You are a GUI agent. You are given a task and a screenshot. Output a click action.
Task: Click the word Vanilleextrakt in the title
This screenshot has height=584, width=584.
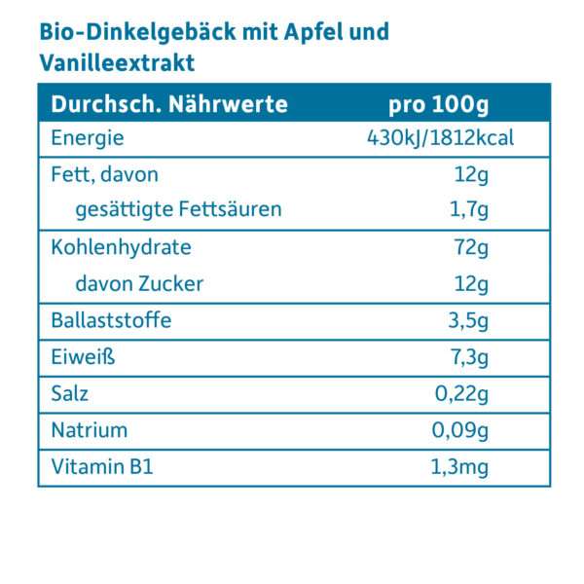pos(118,63)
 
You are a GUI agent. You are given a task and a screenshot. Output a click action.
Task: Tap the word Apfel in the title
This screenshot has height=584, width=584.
pos(314,32)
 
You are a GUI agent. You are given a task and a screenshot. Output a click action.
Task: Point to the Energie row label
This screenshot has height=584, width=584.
pos(88,139)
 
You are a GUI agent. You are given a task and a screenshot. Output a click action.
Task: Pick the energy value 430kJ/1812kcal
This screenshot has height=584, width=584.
pos(440,139)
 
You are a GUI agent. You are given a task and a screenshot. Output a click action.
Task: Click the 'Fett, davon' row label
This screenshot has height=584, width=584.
pos(104,175)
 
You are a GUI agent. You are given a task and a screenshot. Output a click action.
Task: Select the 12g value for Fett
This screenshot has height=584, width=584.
pos(470,175)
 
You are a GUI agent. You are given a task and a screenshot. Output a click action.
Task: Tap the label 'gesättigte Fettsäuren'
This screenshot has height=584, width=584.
pos(178,209)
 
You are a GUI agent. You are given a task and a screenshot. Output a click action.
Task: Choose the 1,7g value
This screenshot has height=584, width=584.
pos(468,209)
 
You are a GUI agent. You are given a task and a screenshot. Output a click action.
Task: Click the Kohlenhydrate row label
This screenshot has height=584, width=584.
pos(121,248)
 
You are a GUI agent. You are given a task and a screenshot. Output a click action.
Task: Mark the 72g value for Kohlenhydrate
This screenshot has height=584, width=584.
pos(470,248)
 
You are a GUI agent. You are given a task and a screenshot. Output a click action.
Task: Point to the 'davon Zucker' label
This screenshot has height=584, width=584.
pos(139,283)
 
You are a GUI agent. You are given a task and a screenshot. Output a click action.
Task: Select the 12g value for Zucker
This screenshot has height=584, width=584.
pos(470,283)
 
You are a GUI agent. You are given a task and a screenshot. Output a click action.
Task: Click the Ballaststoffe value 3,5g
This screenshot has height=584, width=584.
pos(466,320)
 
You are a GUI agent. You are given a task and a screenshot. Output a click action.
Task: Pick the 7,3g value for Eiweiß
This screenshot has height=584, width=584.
pos(466,357)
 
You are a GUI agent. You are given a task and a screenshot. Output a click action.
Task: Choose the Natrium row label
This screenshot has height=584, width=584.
pos(89,430)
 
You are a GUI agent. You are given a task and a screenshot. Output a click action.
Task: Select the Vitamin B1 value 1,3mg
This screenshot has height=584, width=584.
pos(458,467)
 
